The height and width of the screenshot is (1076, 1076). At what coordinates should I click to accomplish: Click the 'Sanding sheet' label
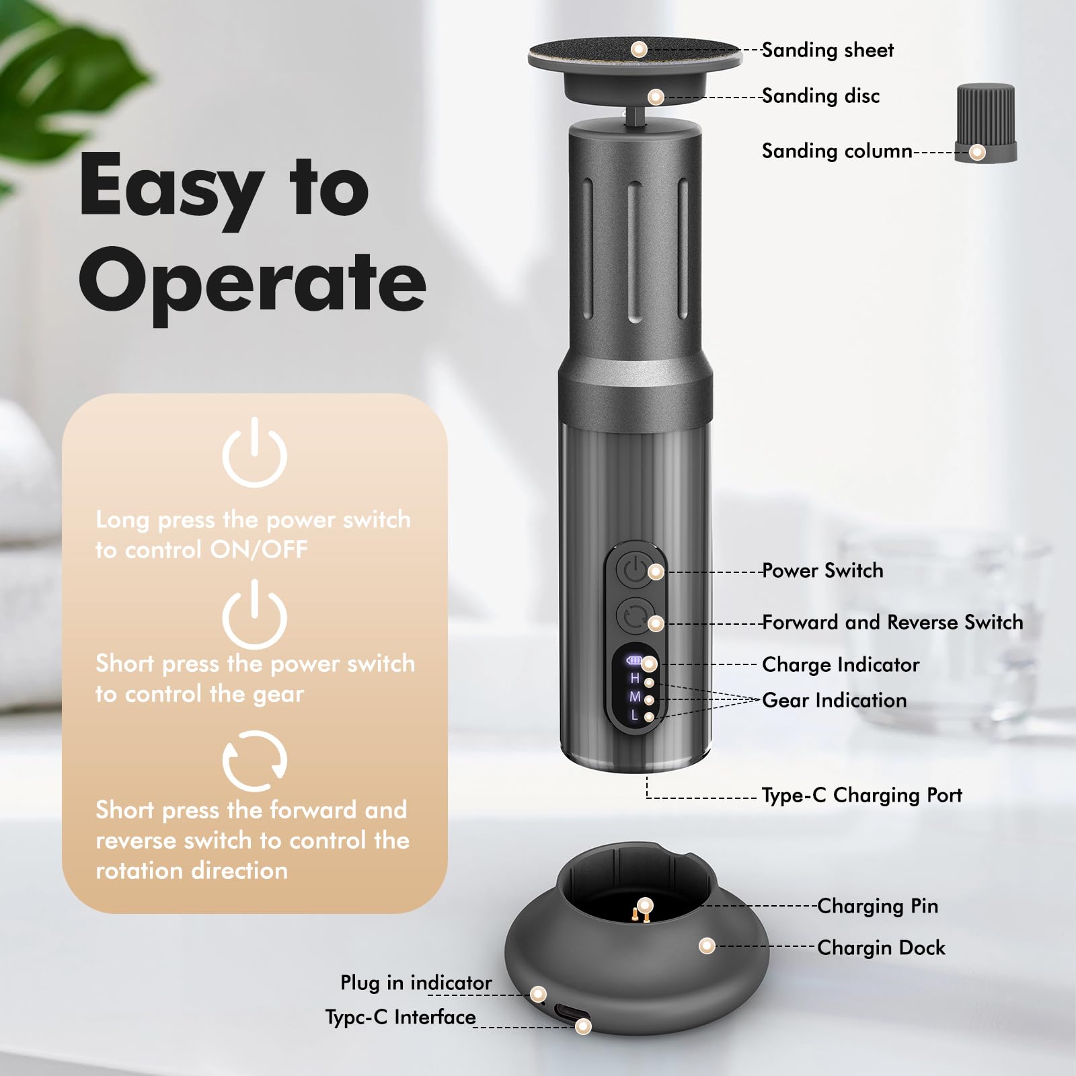pos(827,50)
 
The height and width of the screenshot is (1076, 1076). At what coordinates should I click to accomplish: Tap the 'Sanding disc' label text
pos(820,96)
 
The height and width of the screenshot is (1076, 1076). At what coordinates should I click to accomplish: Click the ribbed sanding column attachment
pos(985,123)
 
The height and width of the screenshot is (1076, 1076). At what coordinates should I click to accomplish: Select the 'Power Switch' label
pos(822,570)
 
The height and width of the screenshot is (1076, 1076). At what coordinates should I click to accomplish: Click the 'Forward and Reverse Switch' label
pos(892,622)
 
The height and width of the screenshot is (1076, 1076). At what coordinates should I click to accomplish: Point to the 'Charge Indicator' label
pos(841,664)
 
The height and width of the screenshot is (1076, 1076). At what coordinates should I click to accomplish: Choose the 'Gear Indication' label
pos(834,700)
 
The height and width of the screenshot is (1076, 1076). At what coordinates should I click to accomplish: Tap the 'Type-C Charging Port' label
pos(861,795)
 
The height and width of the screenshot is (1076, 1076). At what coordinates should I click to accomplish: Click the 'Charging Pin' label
pos(878,906)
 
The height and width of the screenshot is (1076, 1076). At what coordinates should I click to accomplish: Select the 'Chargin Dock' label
pos(881,948)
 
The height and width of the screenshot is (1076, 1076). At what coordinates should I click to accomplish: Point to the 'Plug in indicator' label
pos(416,983)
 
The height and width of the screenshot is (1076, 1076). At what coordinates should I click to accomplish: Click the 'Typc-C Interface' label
pos(401,1017)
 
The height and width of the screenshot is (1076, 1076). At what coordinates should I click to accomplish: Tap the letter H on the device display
pos(634,679)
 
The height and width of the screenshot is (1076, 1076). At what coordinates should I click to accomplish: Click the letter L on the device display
pos(634,716)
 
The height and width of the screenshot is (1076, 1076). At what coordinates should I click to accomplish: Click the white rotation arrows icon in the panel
pos(255,761)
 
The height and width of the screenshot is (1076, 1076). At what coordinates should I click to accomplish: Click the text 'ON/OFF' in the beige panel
pos(259,549)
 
